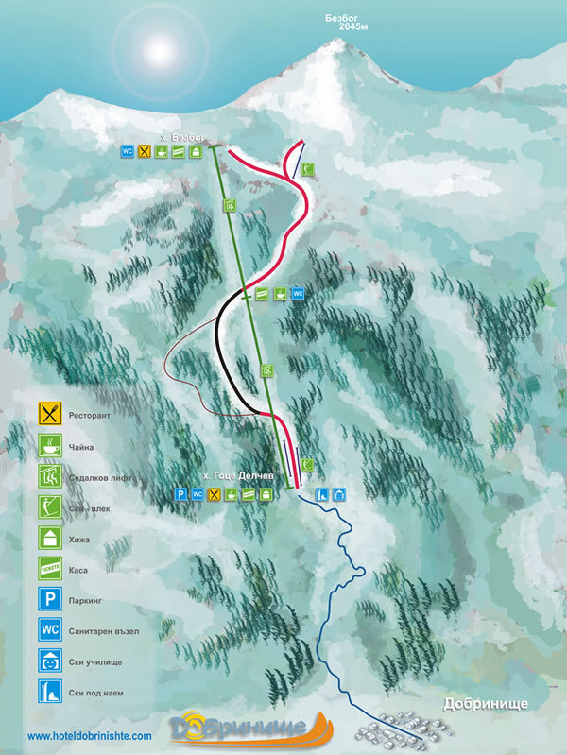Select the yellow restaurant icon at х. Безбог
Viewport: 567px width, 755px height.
[x=145, y=150]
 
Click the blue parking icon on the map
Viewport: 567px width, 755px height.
[x=180, y=493]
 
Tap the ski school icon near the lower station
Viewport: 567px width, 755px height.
[x=339, y=493]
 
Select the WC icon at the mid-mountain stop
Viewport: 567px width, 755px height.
[x=298, y=294]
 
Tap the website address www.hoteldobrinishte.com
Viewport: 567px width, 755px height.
[x=90, y=735]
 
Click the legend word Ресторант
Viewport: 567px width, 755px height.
[x=91, y=415]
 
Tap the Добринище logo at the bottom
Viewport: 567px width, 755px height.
[x=249, y=728]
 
